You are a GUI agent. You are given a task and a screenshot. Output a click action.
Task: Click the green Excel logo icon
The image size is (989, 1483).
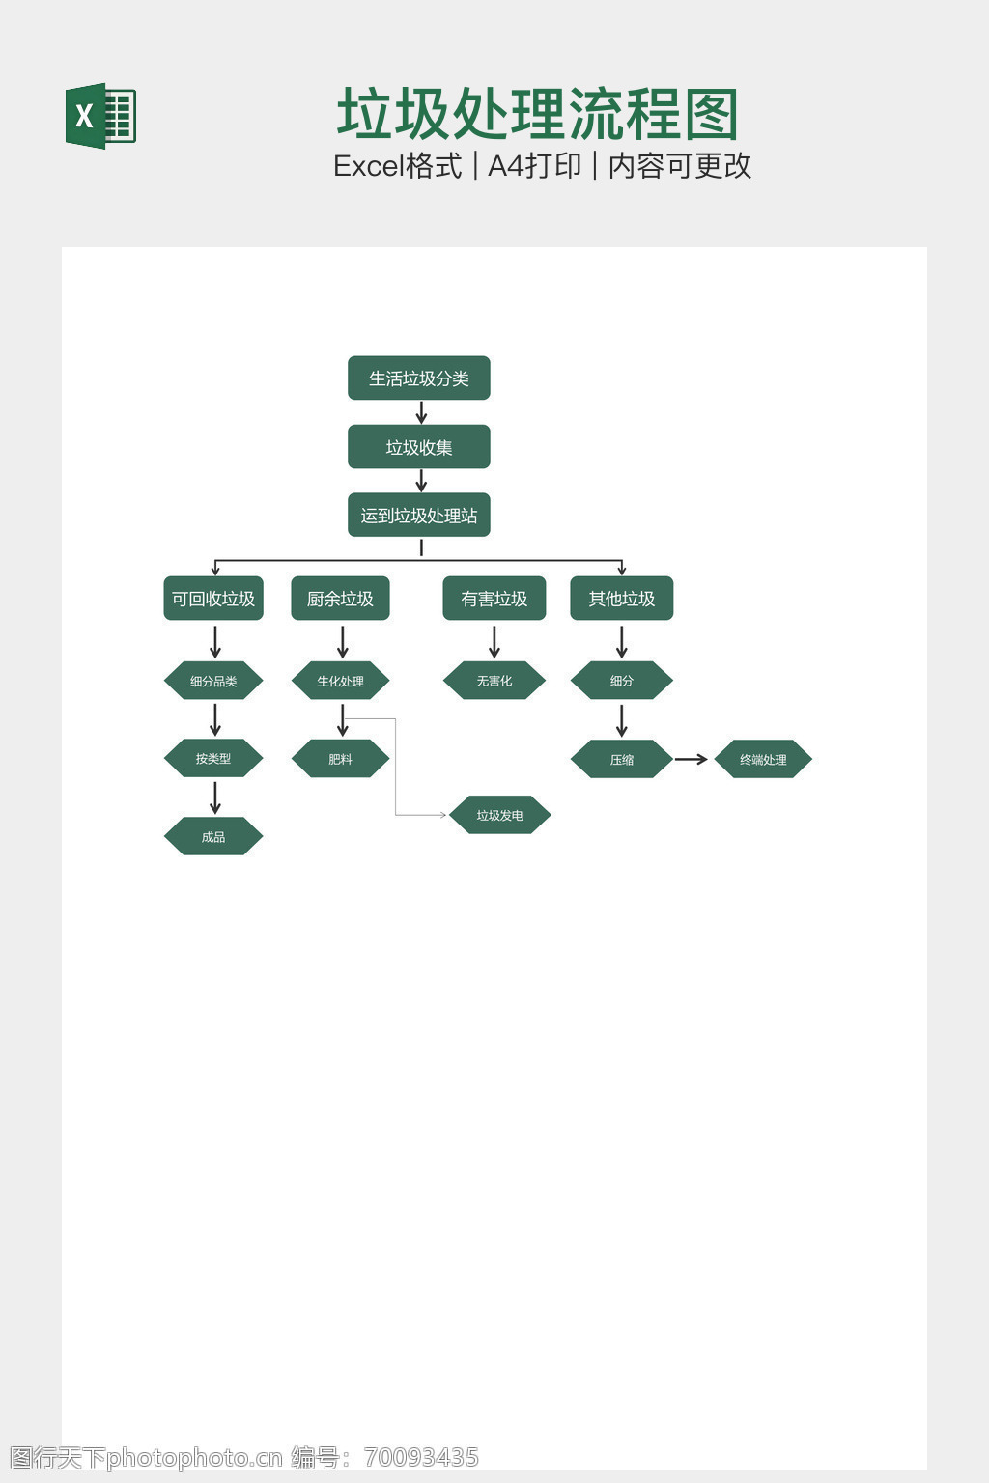pos(100,116)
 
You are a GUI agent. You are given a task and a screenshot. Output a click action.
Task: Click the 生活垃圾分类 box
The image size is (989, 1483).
pos(418,378)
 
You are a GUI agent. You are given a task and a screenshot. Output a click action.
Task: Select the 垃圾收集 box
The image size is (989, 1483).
pos(418,447)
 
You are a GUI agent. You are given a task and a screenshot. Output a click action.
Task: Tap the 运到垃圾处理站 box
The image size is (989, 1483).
pos(418,515)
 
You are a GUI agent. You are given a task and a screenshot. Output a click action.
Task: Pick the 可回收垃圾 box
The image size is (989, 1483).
pos(213,599)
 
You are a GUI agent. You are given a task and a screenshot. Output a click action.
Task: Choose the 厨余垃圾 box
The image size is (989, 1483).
pos(341,599)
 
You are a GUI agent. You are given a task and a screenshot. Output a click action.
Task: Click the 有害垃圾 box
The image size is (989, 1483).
pos(494,599)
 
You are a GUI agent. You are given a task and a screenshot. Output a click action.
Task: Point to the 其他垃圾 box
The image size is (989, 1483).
pos(621,599)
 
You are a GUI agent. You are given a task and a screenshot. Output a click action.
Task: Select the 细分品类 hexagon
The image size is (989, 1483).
pos(213,681)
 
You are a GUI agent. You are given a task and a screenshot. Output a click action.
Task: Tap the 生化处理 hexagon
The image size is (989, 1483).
pos(341,681)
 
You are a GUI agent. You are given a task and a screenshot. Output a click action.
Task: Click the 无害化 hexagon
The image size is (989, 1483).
pos(494,681)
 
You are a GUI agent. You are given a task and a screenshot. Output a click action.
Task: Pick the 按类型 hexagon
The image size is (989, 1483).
pos(213,759)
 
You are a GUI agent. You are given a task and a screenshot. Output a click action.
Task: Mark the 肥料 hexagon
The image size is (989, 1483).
pos(341,759)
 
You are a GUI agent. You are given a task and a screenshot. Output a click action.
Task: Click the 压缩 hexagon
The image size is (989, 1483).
pos(621,759)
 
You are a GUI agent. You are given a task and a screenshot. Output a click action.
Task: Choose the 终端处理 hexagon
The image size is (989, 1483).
pos(763,759)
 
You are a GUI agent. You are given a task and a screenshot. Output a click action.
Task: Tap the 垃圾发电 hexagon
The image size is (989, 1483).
pos(500,815)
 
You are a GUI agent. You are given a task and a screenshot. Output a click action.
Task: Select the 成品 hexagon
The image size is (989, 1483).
pos(213,836)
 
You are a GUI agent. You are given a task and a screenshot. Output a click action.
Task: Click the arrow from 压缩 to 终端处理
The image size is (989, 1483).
pos(691,759)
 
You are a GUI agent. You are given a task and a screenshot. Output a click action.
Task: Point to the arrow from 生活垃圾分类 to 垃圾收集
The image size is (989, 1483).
pos(421,412)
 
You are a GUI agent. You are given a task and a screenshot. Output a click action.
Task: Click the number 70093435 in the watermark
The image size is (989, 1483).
pos(421,1457)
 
